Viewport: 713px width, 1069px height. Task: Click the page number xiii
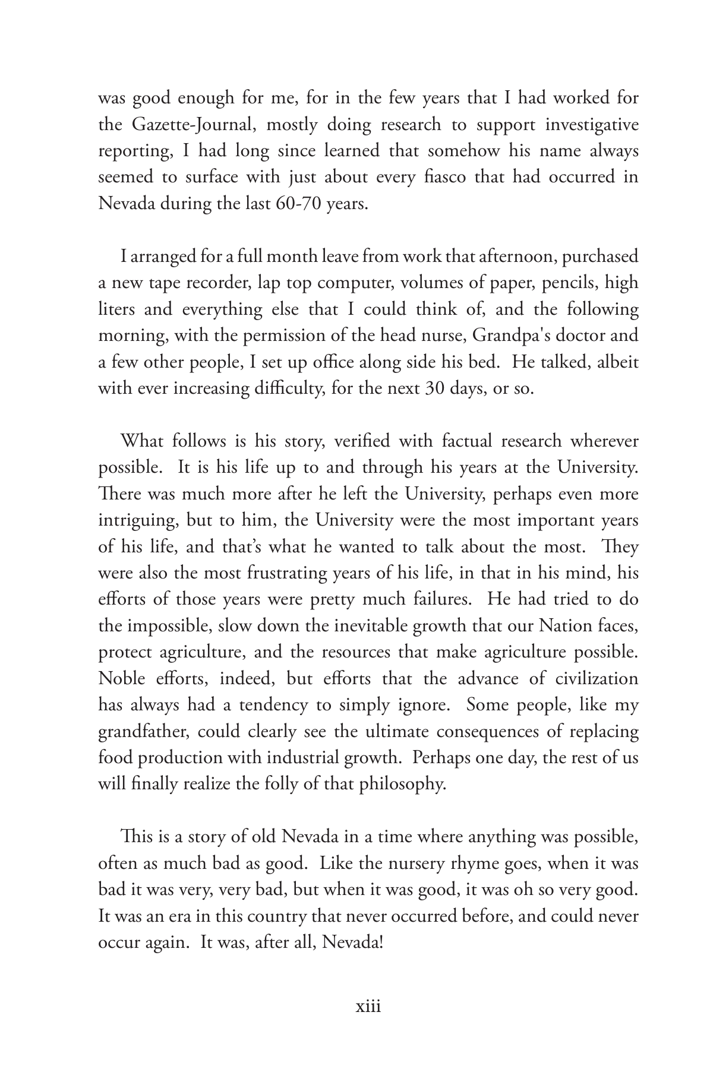367,1007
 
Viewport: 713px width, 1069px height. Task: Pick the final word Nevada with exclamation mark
352,942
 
